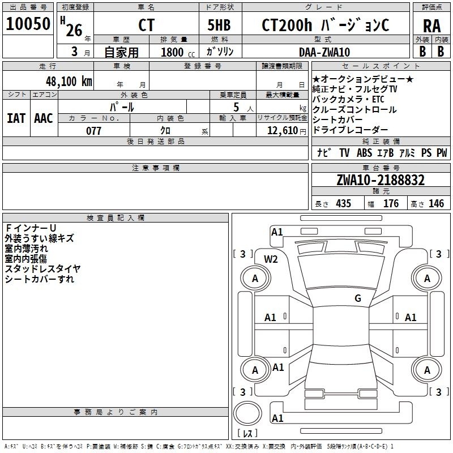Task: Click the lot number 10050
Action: click(28, 24)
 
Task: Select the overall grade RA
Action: click(432, 26)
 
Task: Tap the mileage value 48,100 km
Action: click(69, 82)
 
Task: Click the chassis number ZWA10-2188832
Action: click(381, 180)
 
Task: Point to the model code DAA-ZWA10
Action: click(324, 52)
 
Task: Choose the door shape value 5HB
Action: click(219, 25)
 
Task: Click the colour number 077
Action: click(93, 131)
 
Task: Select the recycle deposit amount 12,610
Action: click(282, 131)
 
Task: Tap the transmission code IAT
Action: click(16, 118)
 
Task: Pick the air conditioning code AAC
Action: click(44, 118)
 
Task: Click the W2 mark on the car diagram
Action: click(271, 259)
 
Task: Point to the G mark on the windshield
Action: click(358, 298)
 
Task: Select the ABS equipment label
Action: click(364, 152)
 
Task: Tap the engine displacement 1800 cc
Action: click(178, 52)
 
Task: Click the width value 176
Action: click(391, 203)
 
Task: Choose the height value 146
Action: click(436, 203)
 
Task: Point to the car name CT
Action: click(147, 25)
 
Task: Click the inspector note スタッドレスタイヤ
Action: click(42, 269)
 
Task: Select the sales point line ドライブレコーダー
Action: click(350, 130)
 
